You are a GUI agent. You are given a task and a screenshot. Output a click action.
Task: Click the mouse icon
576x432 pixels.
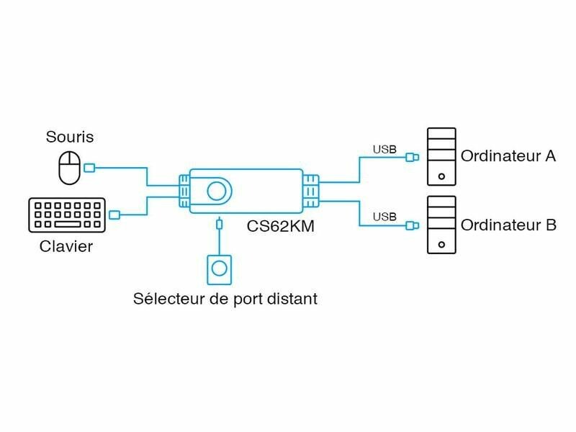pyautogui.click(x=69, y=168)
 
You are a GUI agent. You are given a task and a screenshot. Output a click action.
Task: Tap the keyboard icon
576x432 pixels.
pyautogui.click(x=66, y=215)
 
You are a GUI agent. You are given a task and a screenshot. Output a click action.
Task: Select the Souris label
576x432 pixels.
pyautogui.click(x=70, y=136)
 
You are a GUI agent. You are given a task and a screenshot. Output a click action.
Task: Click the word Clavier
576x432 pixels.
pyautogui.click(x=66, y=247)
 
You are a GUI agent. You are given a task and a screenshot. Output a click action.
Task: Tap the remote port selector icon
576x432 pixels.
pyautogui.click(x=220, y=270)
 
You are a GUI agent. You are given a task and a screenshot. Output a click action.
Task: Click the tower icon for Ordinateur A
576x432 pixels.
pyautogui.click(x=441, y=156)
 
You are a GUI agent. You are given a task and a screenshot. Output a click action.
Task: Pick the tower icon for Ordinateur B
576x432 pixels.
pyautogui.click(x=441, y=225)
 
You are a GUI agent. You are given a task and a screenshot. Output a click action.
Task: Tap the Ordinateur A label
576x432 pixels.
pyautogui.click(x=508, y=156)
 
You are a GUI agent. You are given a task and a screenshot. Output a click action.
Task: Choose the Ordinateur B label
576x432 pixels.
pyautogui.click(x=508, y=225)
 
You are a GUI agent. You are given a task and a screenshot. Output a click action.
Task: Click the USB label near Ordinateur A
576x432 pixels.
pyautogui.click(x=384, y=150)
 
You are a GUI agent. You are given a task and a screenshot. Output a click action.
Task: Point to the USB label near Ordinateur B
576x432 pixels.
pyautogui.click(x=384, y=216)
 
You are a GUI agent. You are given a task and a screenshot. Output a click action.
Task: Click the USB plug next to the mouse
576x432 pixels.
pyautogui.click(x=89, y=168)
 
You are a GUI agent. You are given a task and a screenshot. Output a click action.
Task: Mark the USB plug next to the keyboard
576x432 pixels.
pyautogui.click(x=115, y=215)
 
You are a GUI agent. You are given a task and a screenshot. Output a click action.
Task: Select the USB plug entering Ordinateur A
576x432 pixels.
pyautogui.click(x=412, y=157)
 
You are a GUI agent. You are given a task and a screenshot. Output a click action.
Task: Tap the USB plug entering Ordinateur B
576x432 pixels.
pyautogui.click(x=412, y=225)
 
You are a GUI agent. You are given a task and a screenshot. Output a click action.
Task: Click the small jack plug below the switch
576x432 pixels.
pyautogui.click(x=220, y=225)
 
